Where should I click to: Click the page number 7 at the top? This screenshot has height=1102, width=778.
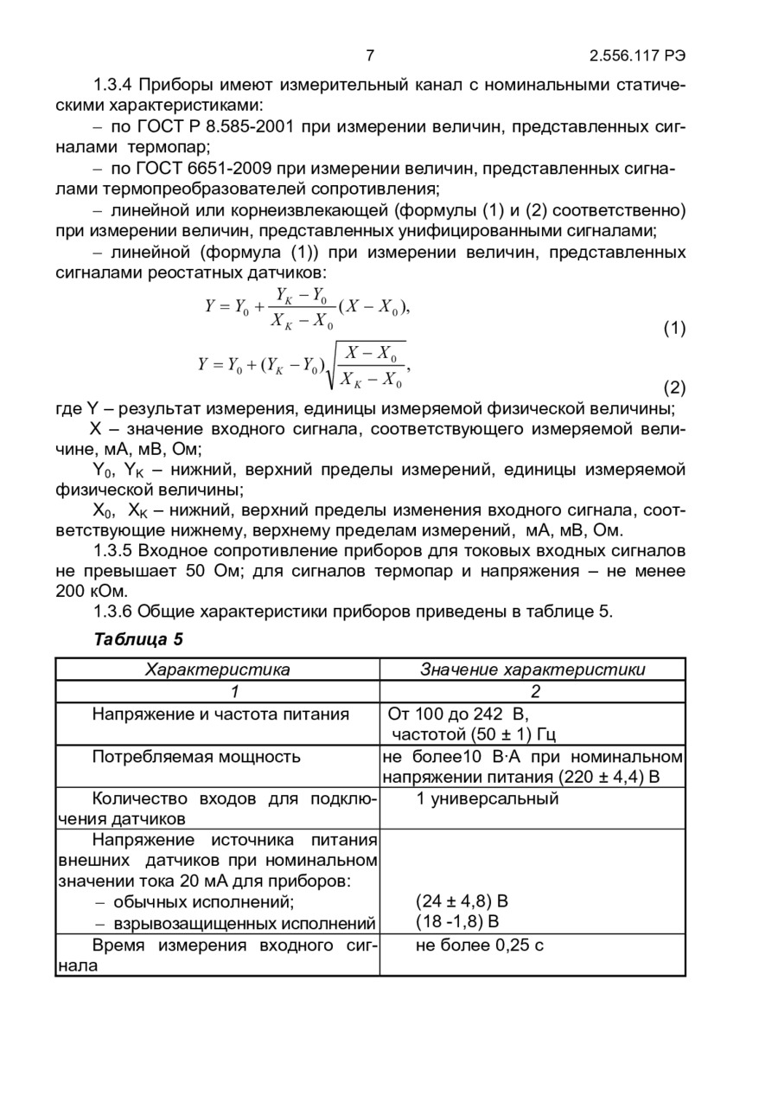pyautogui.click(x=370, y=56)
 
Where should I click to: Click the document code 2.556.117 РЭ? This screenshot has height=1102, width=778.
pyautogui.click(x=638, y=56)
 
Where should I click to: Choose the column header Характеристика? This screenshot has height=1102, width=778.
pyautogui.click(x=217, y=670)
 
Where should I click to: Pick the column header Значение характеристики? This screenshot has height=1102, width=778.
pyautogui.click(x=532, y=670)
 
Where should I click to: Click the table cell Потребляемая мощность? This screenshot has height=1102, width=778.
pyautogui.click(x=196, y=757)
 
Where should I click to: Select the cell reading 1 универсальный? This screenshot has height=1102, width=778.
pyautogui.click(x=488, y=798)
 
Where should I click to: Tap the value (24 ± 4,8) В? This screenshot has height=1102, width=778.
pyautogui.click(x=462, y=902)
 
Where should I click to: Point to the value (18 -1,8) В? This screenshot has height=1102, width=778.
pyautogui.click(x=457, y=922)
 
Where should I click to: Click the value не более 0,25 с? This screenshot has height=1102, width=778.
pyautogui.click(x=480, y=945)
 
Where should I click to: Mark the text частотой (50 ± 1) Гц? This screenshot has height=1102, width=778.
pyautogui.click(x=473, y=735)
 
